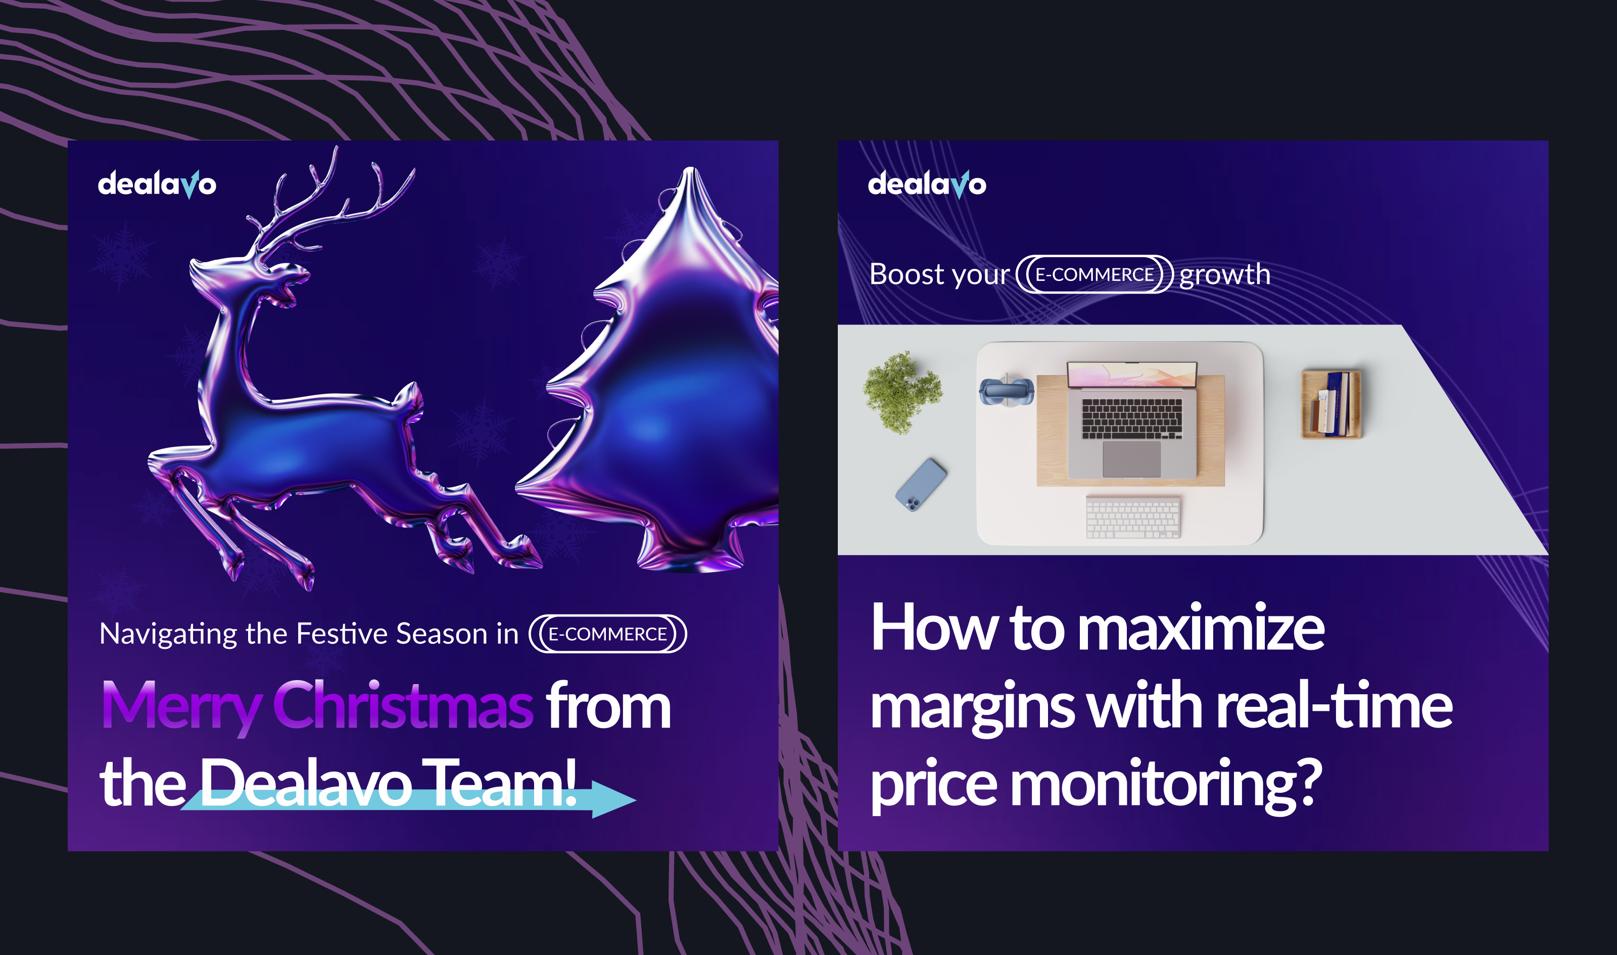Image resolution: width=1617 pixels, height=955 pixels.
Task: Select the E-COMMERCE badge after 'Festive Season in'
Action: pos(607,634)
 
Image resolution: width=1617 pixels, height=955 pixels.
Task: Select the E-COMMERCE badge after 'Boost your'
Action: pos(1095,275)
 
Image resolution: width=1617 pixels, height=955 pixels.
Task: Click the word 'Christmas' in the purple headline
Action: pos(403,706)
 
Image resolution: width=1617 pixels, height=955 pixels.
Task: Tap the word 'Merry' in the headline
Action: pos(181,708)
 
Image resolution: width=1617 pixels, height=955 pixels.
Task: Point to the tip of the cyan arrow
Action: pos(636,800)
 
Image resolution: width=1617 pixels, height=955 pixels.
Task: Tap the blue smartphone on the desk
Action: pos(921,485)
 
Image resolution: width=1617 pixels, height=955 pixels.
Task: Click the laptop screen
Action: pos(1132,374)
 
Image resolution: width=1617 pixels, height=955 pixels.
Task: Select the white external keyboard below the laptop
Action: pos(1133,517)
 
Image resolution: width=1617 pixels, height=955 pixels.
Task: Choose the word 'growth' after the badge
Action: pos(1224,275)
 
